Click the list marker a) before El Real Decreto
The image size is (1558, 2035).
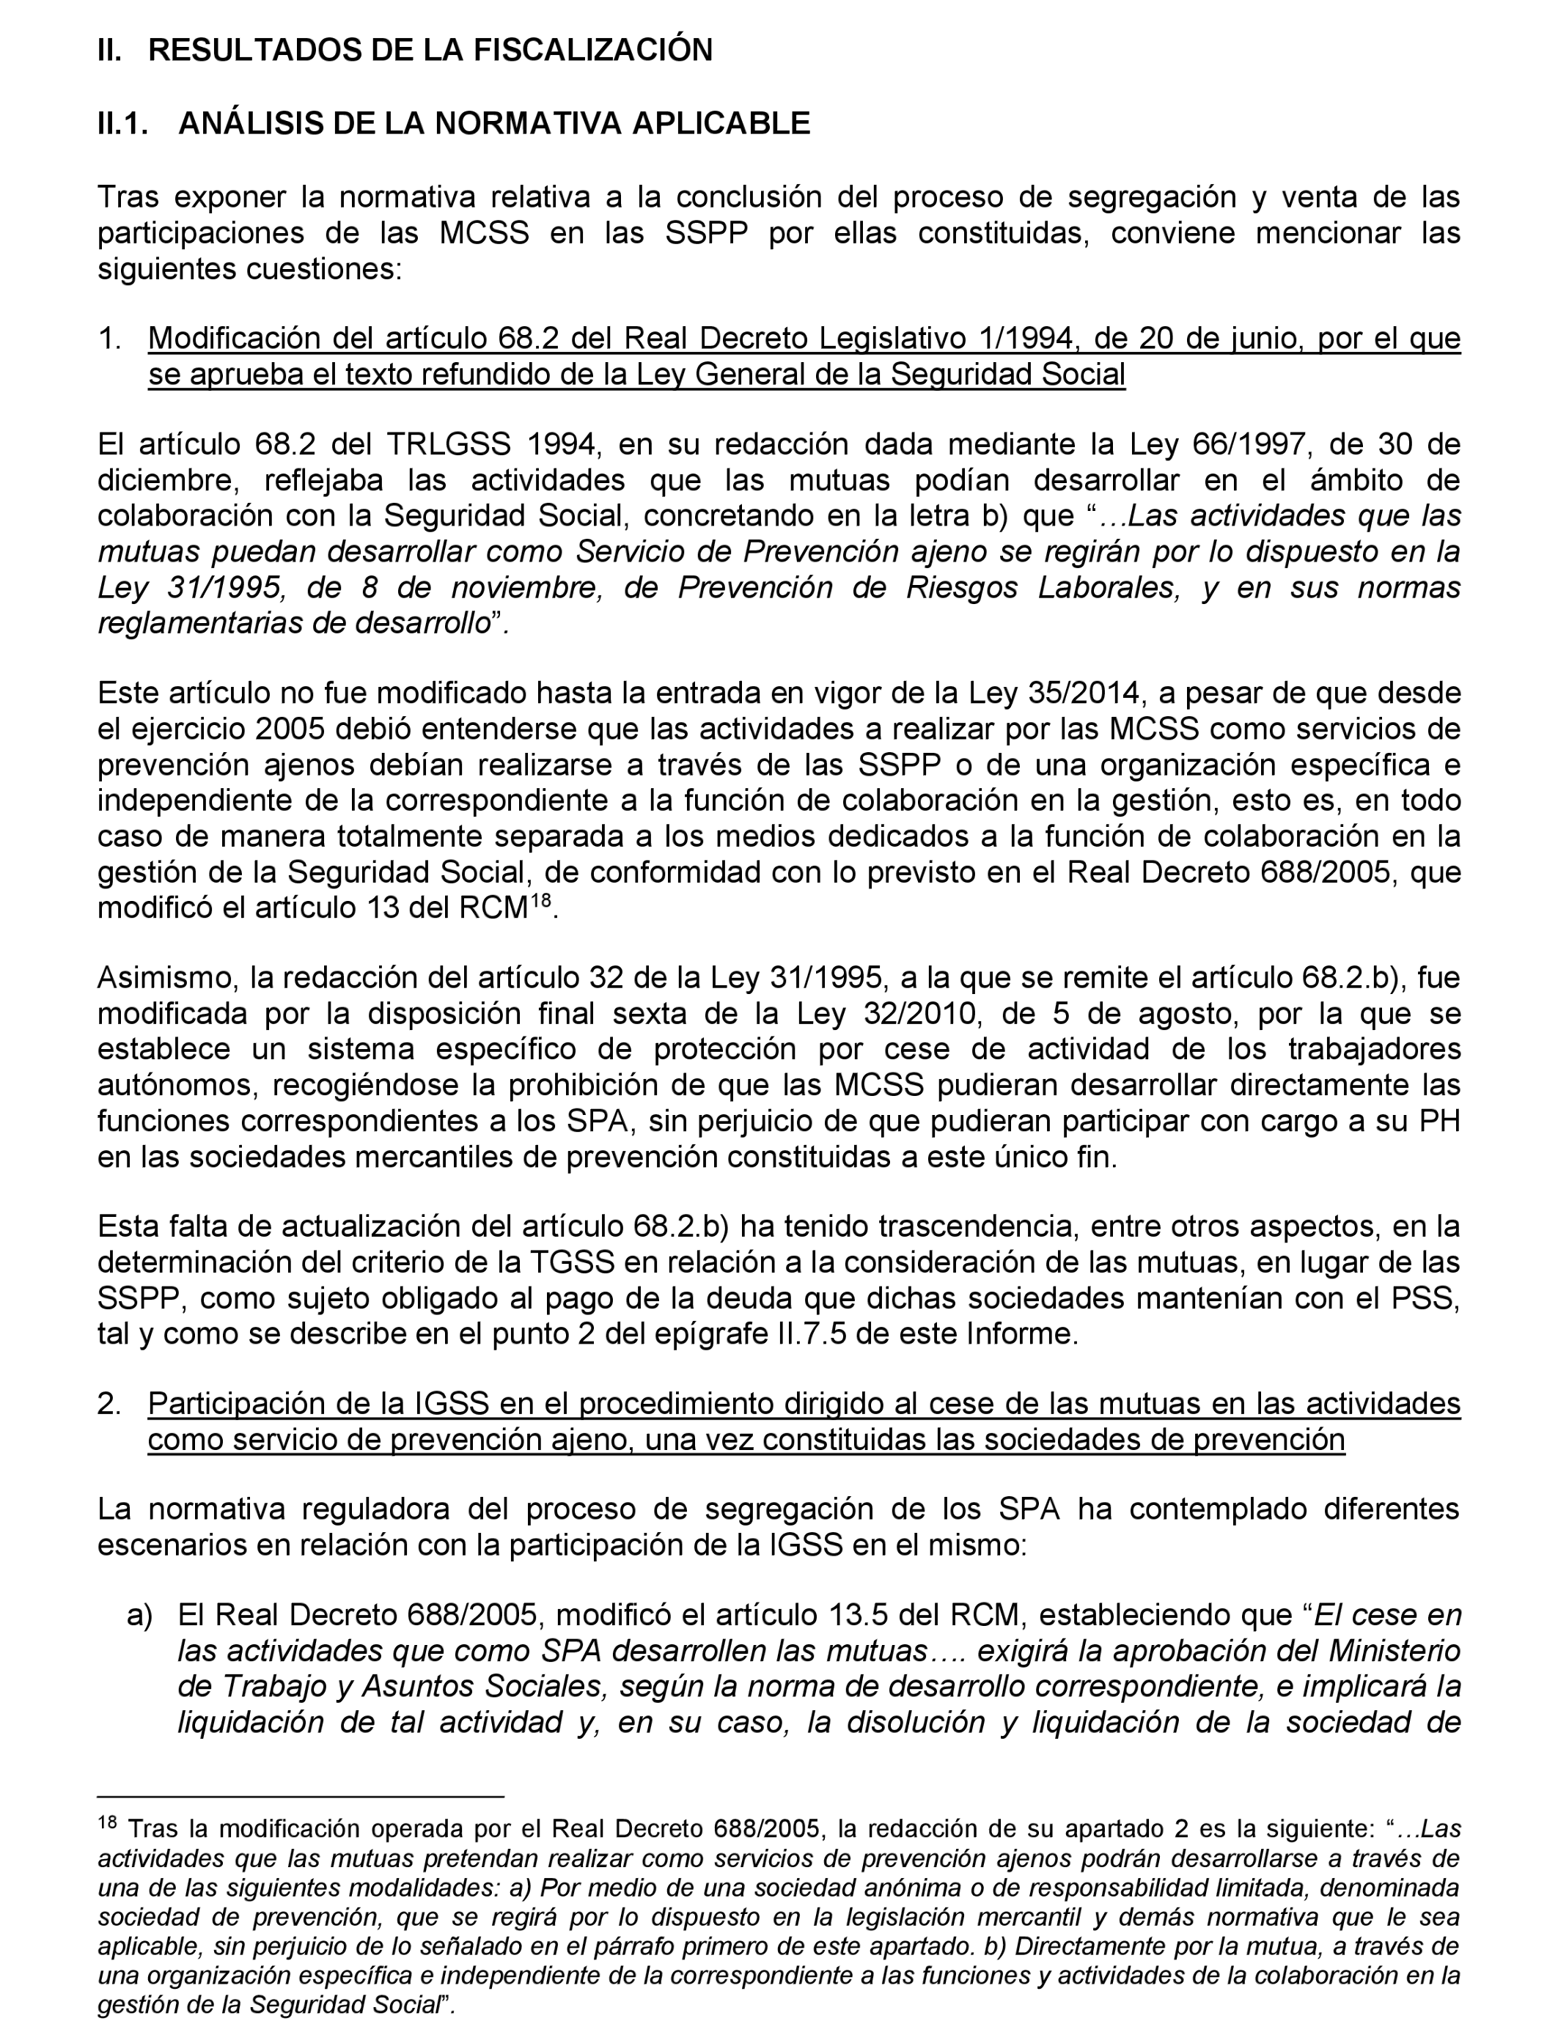point(139,1616)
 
